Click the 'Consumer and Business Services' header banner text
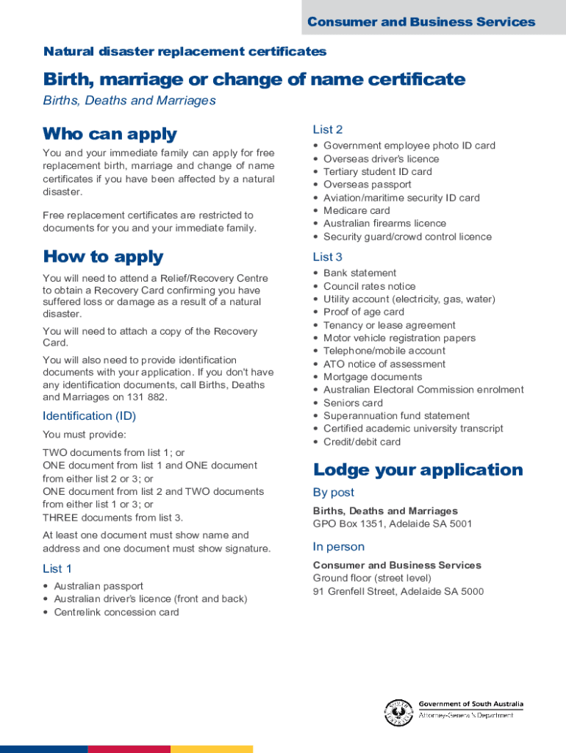421,22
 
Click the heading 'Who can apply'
110,134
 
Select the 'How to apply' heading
103,257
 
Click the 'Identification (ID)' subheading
89,416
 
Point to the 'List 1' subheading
57,568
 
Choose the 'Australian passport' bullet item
98,586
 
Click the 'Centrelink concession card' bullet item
116,612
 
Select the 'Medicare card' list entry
357,210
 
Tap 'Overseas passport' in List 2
368,185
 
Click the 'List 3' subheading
327,257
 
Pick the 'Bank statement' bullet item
359,273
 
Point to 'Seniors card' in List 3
353,403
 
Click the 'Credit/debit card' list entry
362,442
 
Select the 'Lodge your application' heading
418,470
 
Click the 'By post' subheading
333,493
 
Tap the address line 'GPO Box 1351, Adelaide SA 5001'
393,524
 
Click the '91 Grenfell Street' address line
398,591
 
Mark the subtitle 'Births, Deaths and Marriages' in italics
129,101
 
